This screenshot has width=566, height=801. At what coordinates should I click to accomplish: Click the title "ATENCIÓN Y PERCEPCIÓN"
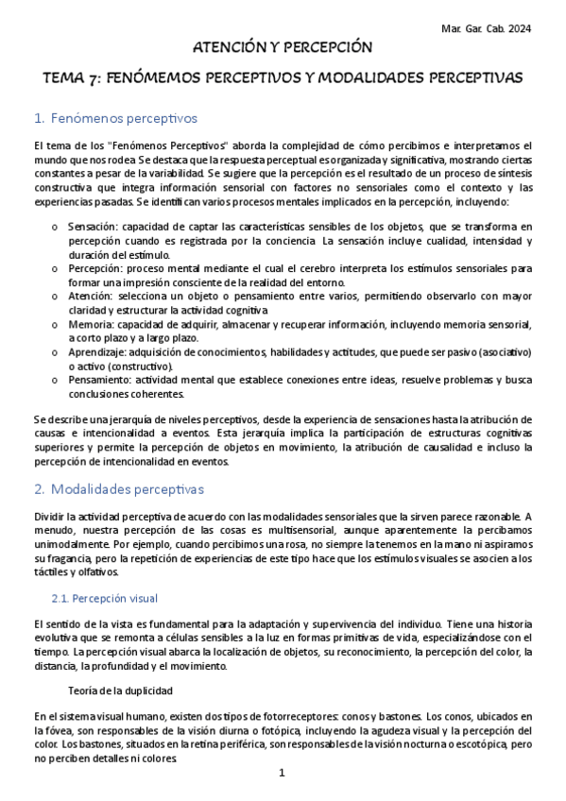[283, 46]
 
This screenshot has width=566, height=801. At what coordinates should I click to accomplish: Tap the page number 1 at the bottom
[282, 773]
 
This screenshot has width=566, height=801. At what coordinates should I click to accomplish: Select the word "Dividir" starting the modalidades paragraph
[49, 517]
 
